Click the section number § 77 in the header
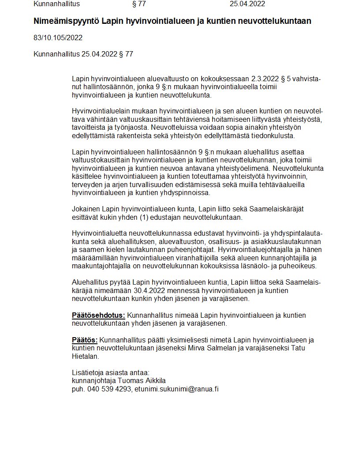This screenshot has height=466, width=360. (x=139, y=4)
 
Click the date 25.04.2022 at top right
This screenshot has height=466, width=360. (x=247, y=4)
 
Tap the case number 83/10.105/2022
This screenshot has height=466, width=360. (x=58, y=38)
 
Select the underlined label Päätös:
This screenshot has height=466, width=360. (x=85, y=340)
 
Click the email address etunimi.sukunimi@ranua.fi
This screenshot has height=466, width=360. (x=177, y=389)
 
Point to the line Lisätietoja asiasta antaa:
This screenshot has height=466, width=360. (x=111, y=372)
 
